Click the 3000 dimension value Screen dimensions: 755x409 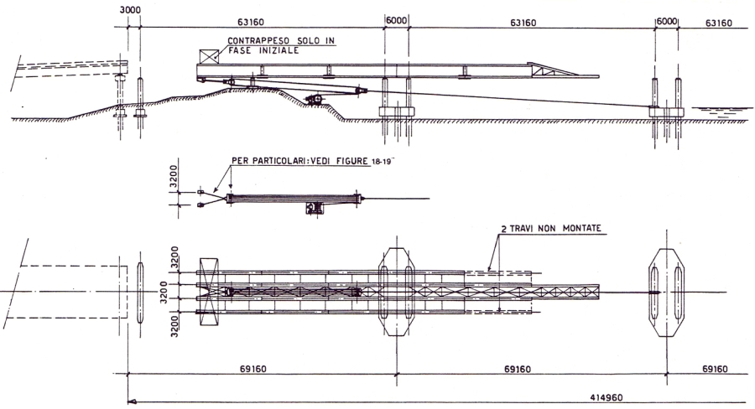click(x=131, y=10)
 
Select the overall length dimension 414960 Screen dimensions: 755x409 click(x=607, y=397)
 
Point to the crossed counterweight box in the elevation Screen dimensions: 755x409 click(x=209, y=56)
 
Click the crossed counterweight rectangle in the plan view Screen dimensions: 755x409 click(x=209, y=292)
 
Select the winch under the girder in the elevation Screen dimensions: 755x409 click(x=315, y=99)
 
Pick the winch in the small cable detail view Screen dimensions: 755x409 click(x=315, y=208)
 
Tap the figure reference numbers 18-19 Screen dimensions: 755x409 click(x=379, y=162)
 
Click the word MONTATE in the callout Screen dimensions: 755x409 click(x=582, y=228)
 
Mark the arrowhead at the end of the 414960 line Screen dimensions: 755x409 click(x=131, y=401)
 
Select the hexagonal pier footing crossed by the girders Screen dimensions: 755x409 click(x=396, y=292)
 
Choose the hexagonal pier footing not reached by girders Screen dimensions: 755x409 click(x=666, y=292)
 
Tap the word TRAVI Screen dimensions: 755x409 click(x=522, y=229)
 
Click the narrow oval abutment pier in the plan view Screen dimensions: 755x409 click(x=140, y=292)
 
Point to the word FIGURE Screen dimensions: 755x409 click(x=352, y=161)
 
